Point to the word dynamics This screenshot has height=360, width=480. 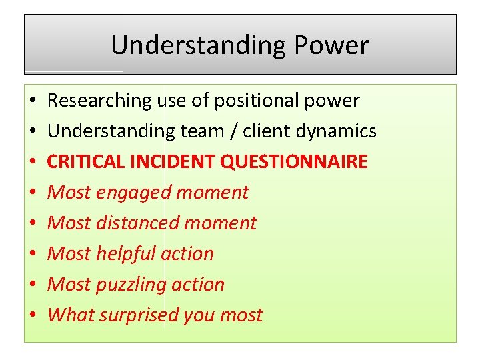click(341, 131)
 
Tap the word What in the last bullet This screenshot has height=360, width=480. click(67, 315)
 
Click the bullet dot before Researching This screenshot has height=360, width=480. click(32, 101)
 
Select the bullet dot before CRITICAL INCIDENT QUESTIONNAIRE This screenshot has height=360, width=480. click(32, 163)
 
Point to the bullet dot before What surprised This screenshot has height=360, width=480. click(32, 316)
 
